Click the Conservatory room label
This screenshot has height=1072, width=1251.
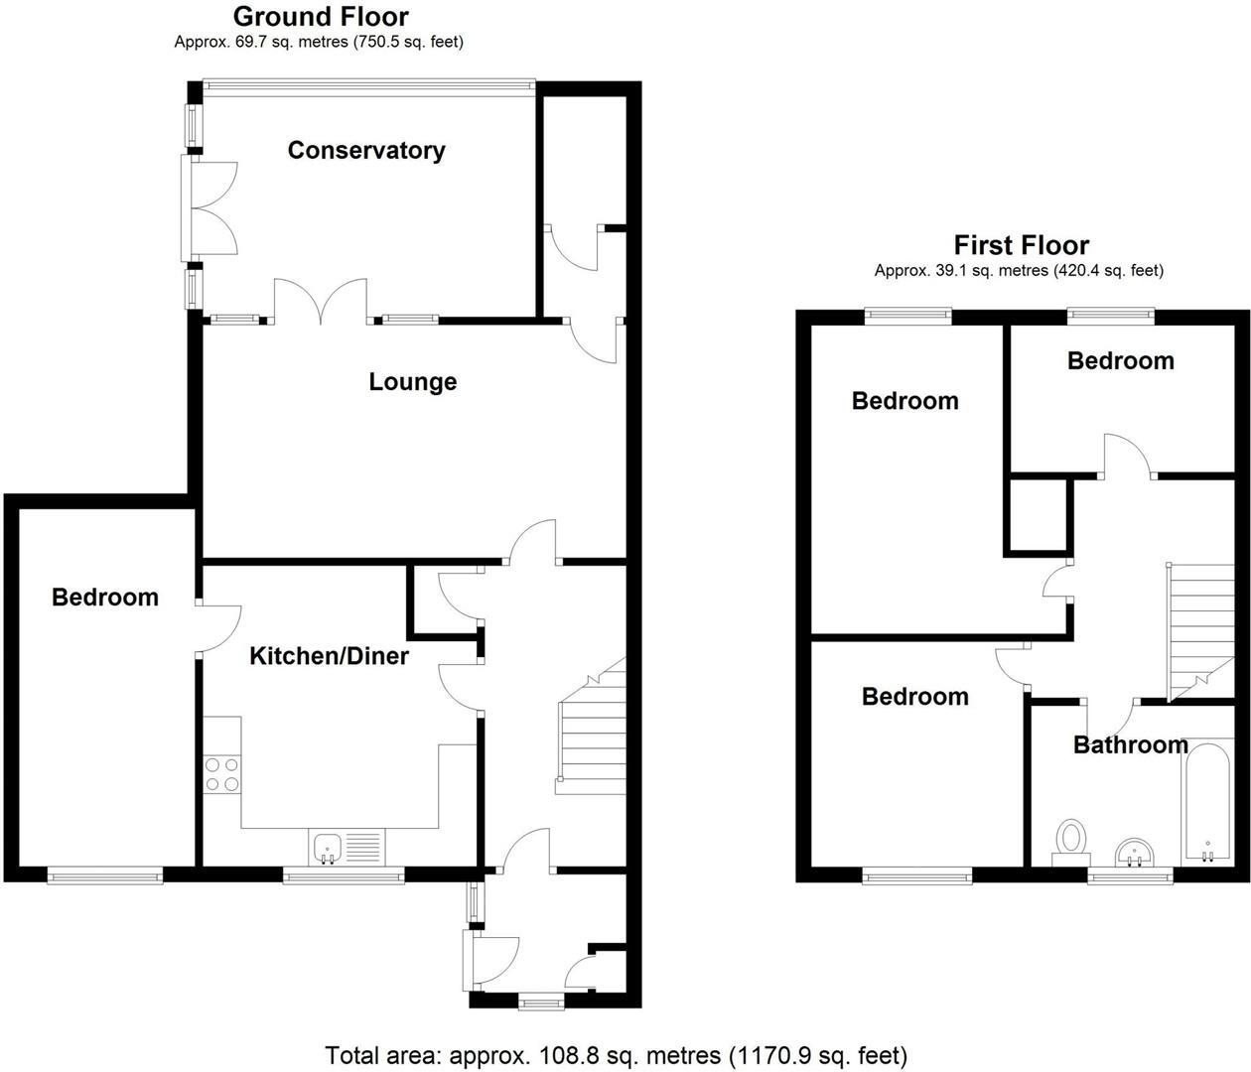tap(365, 150)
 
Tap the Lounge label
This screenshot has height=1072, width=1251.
tap(412, 381)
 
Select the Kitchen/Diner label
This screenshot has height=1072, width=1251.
tap(329, 655)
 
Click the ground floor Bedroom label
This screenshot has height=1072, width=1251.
tap(105, 597)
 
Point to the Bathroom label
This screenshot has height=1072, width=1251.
tap(1130, 744)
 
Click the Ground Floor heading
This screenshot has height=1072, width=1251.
tap(320, 16)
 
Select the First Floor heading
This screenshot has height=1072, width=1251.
tap(1021, 244)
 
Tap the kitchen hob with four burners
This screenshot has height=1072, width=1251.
tap(221, 774)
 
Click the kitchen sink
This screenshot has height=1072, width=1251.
tap(329, 847)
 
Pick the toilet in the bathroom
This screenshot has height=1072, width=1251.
tap(1070, 840)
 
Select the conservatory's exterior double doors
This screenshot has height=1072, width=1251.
tap(210, 207)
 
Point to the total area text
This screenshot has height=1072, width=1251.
tap(616, 1054)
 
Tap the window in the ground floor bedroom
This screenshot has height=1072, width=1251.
tap(105, 875)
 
